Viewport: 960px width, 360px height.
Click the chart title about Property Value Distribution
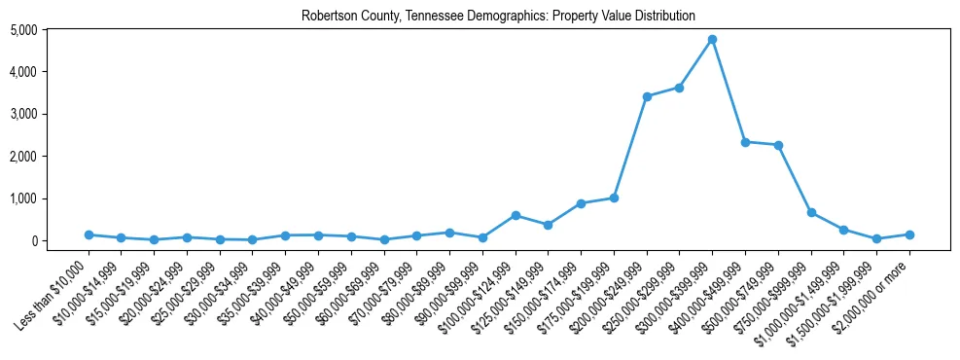point(498,16)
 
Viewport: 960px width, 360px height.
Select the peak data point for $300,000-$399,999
point(713,39)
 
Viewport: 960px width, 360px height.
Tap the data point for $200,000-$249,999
point(647,96)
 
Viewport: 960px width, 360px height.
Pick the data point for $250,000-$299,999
point(680,88)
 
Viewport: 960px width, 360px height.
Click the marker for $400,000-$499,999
point(746,142)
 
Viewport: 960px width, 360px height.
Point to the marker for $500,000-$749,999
point(778,145)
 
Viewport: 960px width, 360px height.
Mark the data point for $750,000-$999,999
point(811,212)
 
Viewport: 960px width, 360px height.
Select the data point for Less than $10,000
point(89,234)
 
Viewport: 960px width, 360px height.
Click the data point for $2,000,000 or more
point(909,234)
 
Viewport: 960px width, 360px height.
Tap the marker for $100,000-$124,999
point(516,215)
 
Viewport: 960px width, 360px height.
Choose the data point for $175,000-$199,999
point(614,198)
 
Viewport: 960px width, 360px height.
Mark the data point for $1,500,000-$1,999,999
point(876,238)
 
